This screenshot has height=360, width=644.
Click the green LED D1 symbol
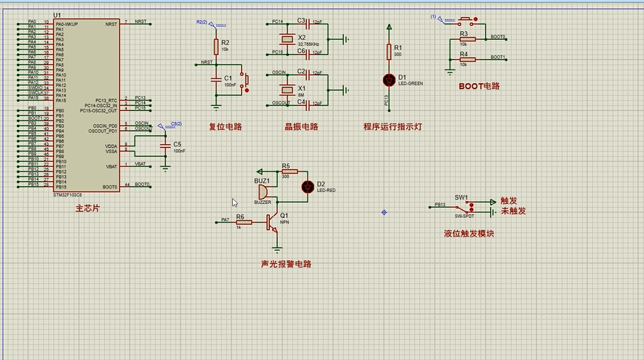tap(389, 79)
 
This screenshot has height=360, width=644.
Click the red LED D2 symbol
tap(308, 186)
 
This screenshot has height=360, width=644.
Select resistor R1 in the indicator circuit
tap(389, 51)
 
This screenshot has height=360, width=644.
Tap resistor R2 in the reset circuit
tap(216, 47)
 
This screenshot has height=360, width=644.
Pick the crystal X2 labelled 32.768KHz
tap(286, 38)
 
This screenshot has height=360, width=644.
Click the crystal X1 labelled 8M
tap(286, 89)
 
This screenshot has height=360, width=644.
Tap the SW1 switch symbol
tap(469, 206)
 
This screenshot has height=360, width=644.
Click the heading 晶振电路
tap(301, 126)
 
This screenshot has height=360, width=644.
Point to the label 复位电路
tap(226, 126)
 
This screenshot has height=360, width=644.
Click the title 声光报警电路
tap(286, 264)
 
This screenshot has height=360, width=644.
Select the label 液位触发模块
tap(468, 234)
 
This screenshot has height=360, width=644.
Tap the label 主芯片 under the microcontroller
tap(87, 209)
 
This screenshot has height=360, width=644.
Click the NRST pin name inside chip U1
tap(112, 24)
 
